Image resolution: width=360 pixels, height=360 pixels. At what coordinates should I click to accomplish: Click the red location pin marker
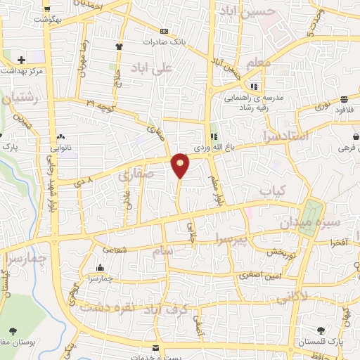(x=181, y=165)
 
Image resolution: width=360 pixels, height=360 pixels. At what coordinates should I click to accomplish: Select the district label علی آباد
(x=150, y=68)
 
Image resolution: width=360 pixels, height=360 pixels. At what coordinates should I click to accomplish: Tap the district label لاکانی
(x=290, y=297)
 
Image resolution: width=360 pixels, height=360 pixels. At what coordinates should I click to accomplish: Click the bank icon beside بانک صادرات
(x=164, y=31)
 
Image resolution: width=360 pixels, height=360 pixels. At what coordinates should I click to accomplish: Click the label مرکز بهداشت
(x=22, y=72)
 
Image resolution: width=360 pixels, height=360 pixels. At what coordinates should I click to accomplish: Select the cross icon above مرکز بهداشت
(x=22, y=60)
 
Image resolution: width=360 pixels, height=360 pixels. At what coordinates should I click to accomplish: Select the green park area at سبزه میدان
(x=309, y=211)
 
